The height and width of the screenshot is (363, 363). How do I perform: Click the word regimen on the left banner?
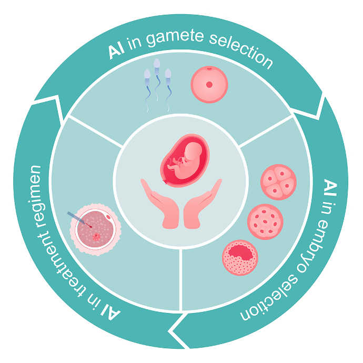tap(36, 196)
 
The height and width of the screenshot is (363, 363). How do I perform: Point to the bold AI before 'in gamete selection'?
tap(116, 52)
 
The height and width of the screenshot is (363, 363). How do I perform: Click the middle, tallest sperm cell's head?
tap(157, 64)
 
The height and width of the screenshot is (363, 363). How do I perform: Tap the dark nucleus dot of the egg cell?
tap(209, 85)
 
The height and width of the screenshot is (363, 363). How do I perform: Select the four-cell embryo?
tap(278, 182)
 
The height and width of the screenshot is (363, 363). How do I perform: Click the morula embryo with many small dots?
tap(265, 221)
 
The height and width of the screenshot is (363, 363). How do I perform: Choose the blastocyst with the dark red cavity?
tap(240, 257)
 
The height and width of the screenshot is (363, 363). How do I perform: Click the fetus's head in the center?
tap(193, 151)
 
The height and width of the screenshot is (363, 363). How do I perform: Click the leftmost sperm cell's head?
tap(147, 74)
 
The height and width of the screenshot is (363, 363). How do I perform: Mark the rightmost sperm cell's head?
tap(168, 73)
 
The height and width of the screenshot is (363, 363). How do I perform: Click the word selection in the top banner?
tap(241, 52)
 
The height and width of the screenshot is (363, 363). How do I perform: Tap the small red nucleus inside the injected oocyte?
tap(96, 237)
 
